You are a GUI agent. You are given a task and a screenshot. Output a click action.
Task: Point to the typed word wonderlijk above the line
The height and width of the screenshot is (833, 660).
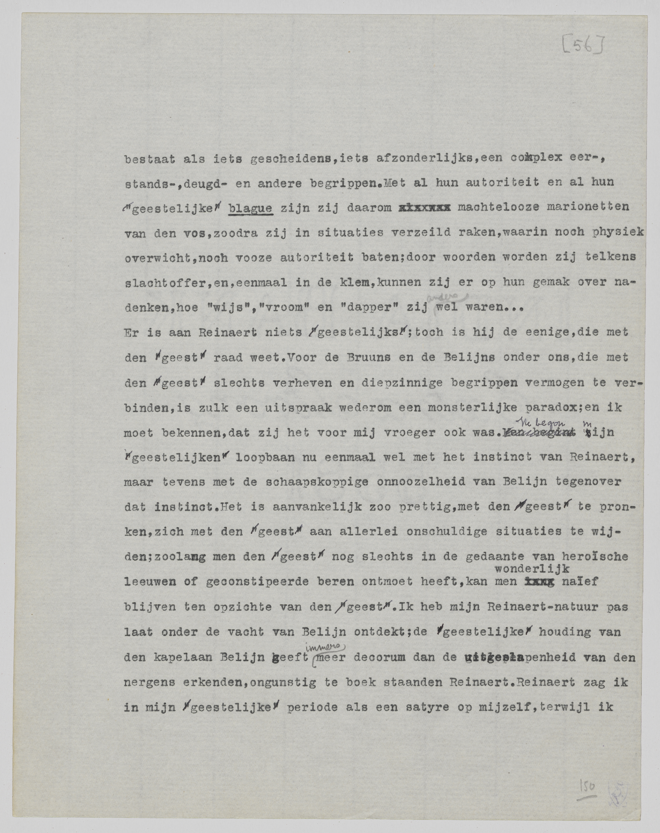(532, 568)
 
